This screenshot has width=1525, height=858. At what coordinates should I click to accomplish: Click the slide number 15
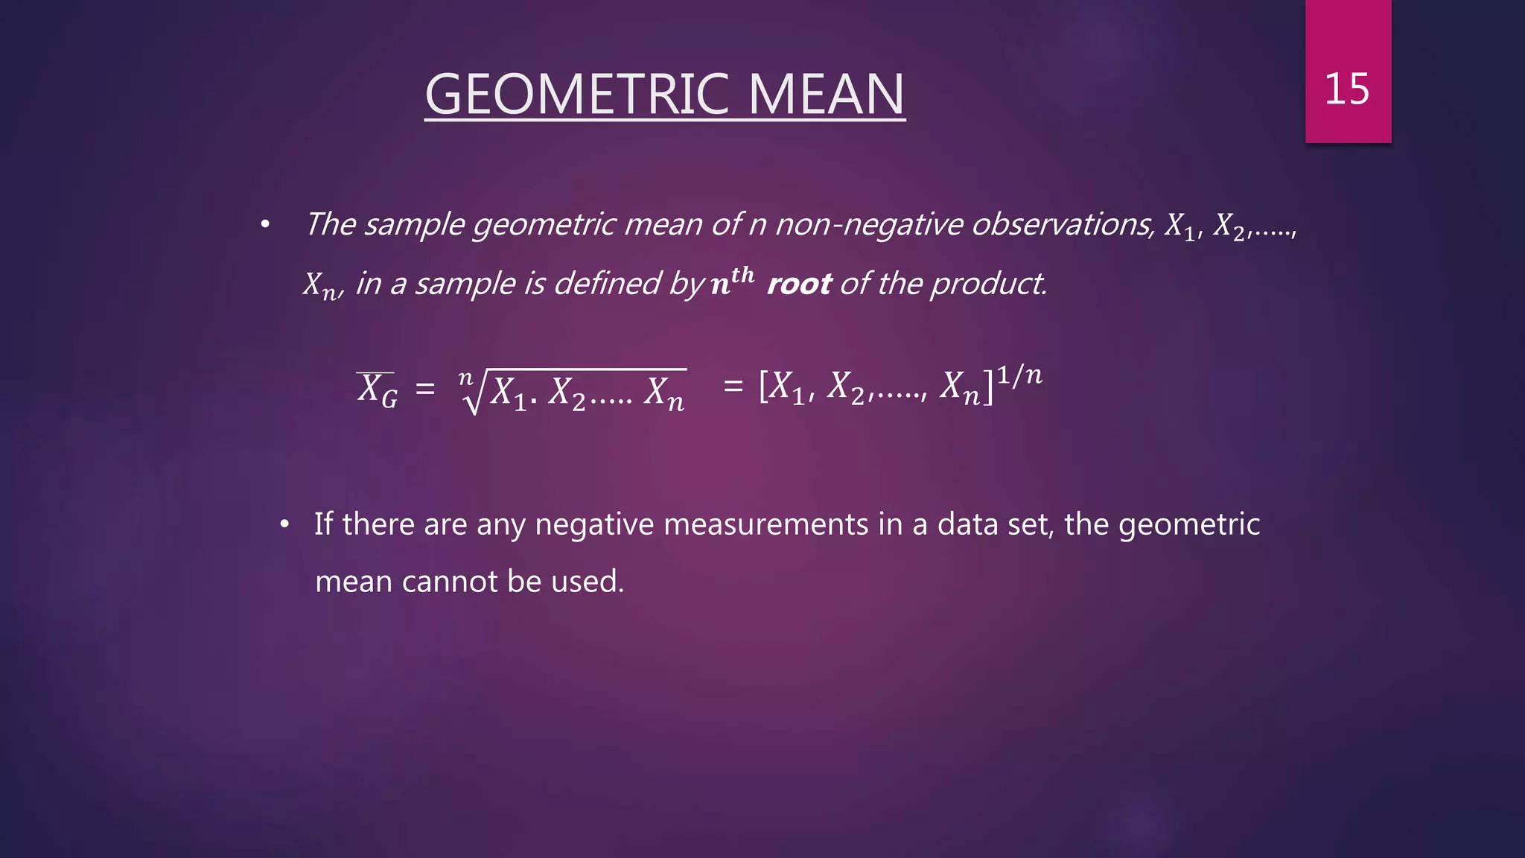(x=1346, y=89)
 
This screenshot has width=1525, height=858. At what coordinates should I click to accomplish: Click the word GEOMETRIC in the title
(x=576, y=95)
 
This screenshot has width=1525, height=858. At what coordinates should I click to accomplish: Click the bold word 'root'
(x=798, y=284)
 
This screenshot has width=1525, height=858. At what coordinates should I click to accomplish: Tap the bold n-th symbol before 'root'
(x=732, y=281)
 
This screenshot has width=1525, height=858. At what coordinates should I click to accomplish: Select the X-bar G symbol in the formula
(x=377, y=390)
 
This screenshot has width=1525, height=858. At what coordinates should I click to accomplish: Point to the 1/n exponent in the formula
(x=1019, y=375)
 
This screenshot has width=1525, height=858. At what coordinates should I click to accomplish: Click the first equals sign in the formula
(x=425, y=389)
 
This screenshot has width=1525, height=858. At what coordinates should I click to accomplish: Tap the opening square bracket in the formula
(x=763, y=387)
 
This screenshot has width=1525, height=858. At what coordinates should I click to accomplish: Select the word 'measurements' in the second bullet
(x=765, y=524)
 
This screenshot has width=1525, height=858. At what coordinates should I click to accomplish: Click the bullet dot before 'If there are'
(x=284, y=525)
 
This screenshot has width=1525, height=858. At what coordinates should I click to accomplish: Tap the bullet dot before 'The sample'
(x=264, y=224)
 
